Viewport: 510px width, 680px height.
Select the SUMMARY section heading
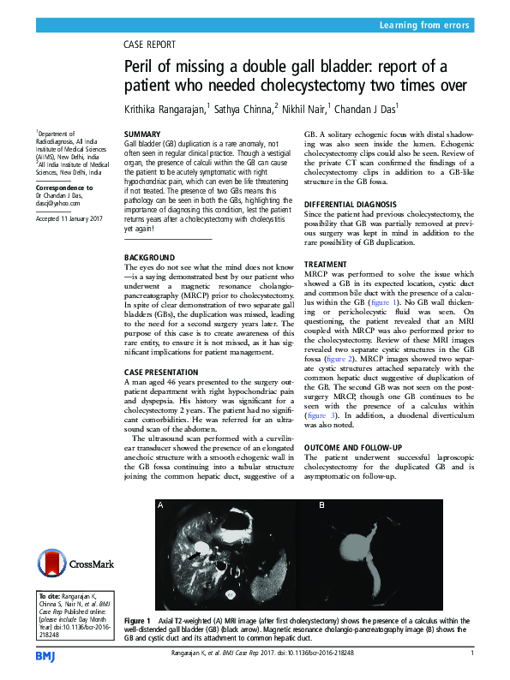(x=142, y=135)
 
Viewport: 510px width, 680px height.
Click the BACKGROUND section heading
(x=151, y=257)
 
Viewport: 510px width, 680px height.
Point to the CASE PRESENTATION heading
(x=164, y=371)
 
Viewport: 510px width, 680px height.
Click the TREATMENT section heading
(x=326, y=265)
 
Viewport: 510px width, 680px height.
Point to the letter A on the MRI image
(x=159, y=506)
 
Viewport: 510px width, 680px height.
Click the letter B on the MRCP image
(x=321, y=506)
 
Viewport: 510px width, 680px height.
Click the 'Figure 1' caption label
(x=137, y=620)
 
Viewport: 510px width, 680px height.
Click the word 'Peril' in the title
(x=142, y=67)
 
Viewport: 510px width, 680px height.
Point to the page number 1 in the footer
(x=472, y=653)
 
